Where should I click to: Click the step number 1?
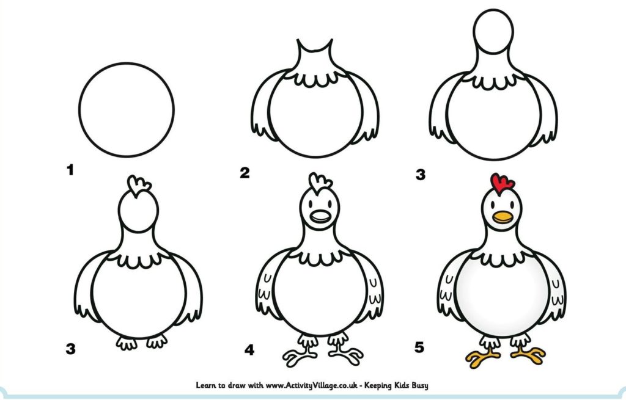click(x=70, y=170)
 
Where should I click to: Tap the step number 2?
click(x=245, y=173)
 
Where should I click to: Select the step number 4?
click(x=249, y=350)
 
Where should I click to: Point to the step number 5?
click(x=419, y=347)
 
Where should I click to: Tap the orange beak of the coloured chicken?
click(x=503, y=217)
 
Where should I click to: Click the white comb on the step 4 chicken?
click(x=320, y=183)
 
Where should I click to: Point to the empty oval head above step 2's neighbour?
click(x=493, y=32)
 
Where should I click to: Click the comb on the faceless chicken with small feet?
click(x=139, y=186)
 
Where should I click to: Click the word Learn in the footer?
click(x=205, y=385)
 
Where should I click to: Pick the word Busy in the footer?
click(x=420, y=385)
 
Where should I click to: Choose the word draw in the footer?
click(x=237, y=385)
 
